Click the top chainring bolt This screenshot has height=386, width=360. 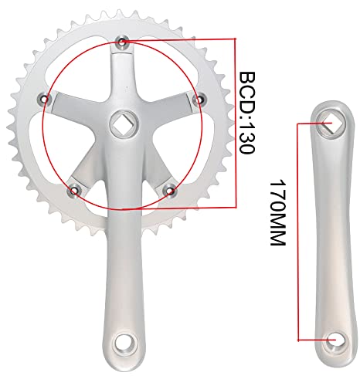[x=123, y=39]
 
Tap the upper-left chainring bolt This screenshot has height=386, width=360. [x=45, y=98]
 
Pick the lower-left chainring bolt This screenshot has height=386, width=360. [x=74, y=189]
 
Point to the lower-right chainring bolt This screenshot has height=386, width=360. [x=172, y=189]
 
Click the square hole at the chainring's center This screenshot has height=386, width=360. [x=124, y=121]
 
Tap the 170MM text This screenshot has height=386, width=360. [x=277, y=210]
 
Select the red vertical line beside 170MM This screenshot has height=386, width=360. [x=297, y=232]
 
